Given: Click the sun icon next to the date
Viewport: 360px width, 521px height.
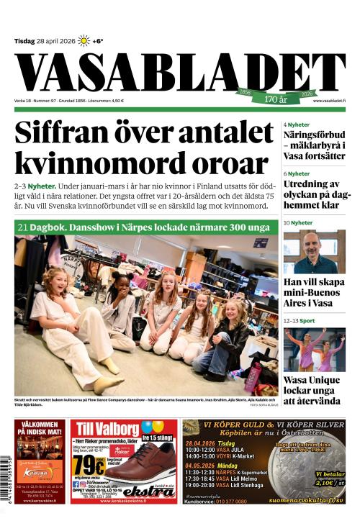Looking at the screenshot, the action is click(x=84, y=40).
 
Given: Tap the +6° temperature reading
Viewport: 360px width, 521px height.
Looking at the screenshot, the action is click(x=98, y=41).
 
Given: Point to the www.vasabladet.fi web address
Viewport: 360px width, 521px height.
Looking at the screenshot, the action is click(x=329, y=101).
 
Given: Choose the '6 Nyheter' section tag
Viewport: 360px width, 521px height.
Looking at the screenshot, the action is click(x=297, y=173).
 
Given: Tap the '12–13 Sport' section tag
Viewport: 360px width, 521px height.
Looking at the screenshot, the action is click(x=300, y=320).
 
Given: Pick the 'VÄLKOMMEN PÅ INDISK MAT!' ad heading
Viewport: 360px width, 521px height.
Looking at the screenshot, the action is click(x=40, y=430).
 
